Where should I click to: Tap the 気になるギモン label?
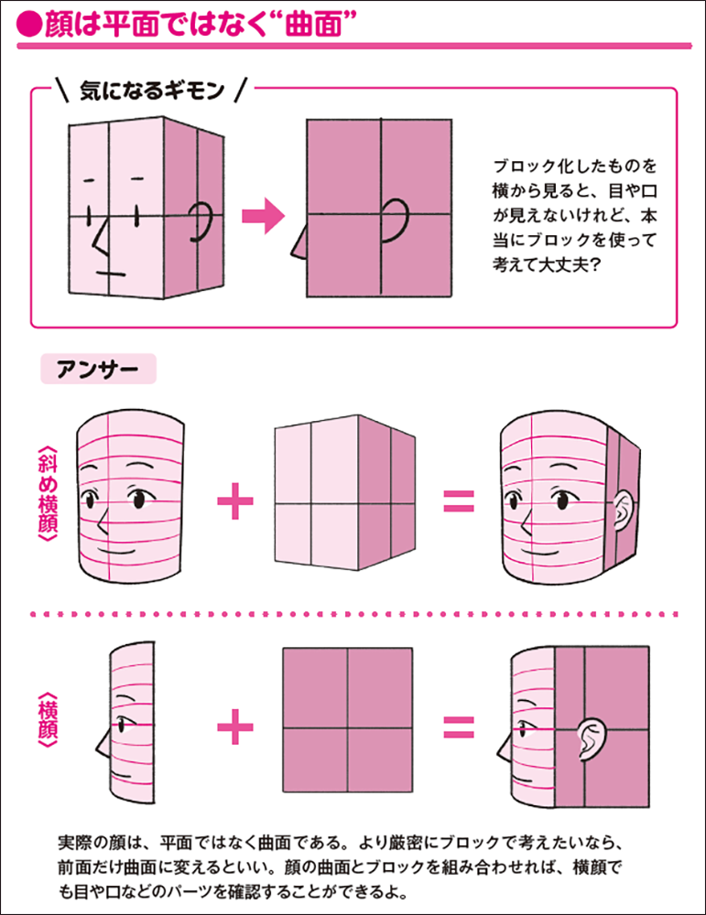tap(150, 90)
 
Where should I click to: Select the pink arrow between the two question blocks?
tap(265, 216)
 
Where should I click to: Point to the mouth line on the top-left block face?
tap(110, 272)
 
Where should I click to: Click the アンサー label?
tap(98, 370)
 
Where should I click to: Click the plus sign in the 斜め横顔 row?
tap(235, 501)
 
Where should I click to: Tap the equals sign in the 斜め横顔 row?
tap(459, 501)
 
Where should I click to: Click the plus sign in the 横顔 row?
tap(235, 727)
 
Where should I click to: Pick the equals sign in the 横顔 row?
tap(459, 728)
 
